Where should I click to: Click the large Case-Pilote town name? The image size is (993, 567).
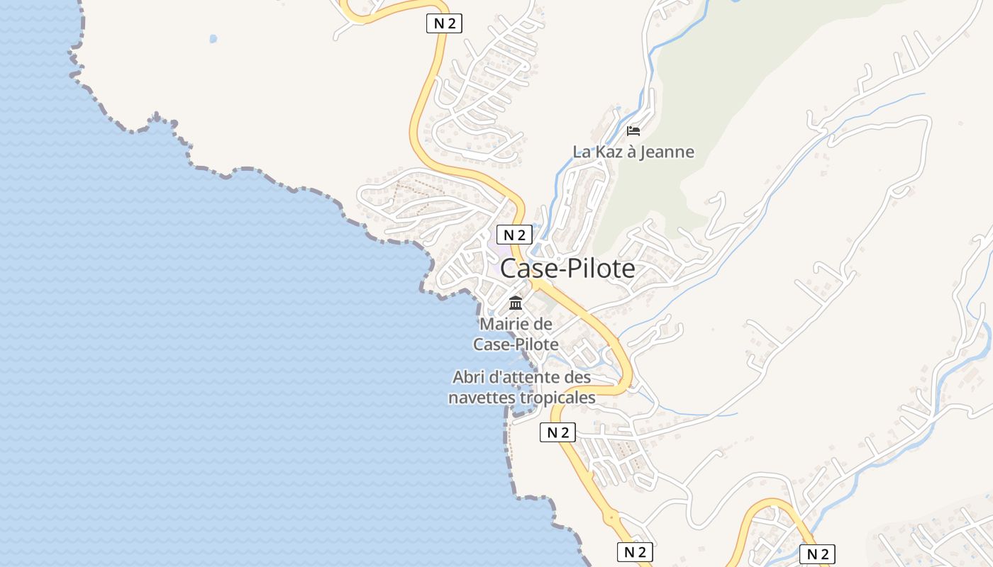(x=567, y=269)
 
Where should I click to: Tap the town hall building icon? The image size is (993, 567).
(x=516, y=303)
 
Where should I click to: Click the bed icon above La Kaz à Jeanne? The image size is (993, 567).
(x=633, y=131)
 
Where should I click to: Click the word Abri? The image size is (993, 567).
(x=468, y=377)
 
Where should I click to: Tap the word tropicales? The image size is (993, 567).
(x=557, y=398)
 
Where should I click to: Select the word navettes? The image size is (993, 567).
(x=482, y=398)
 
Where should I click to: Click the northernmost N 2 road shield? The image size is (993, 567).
(x=444, y=23)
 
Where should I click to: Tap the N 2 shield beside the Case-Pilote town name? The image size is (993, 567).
(x=514, y=235)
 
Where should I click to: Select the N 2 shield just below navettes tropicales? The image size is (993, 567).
(x=557, y=432)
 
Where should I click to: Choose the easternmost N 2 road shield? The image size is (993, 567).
(x=818, y=554)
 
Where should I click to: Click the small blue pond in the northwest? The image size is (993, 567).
(x=213, y=38)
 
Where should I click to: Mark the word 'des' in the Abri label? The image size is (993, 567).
(x=577, y=377)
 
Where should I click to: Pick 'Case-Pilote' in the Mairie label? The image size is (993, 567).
(x=516, y=344)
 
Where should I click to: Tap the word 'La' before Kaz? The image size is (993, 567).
(x=582, y=152)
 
